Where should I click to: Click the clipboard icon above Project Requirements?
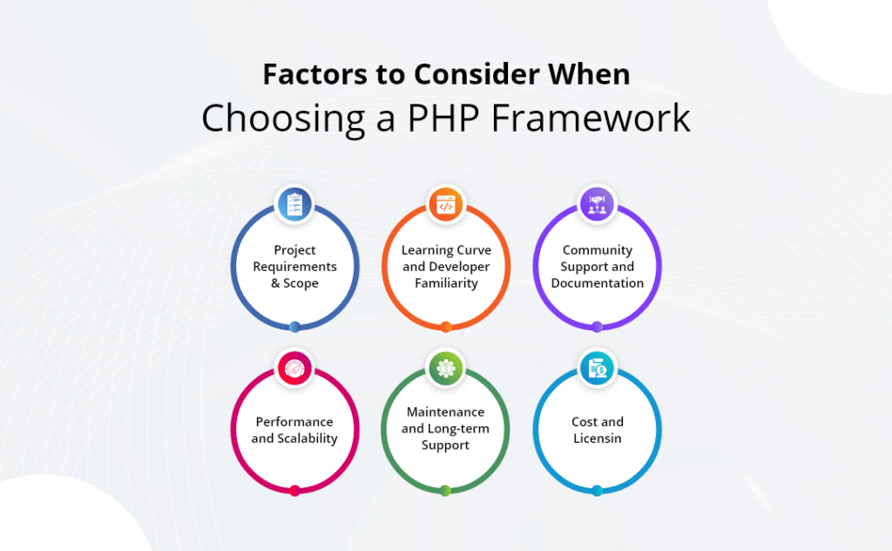click(x=294, y=204)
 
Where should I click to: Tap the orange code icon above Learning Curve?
click(x=446, y=204)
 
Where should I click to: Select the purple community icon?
click(x=598, y=204)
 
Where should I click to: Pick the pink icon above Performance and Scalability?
click(x=294, y=368)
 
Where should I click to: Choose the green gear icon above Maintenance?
click(x=446, y=368)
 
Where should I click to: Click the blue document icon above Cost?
click(x=598, y=368)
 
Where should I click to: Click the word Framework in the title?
click(x=591, y=118)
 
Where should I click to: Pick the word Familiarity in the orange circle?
click(x=446, y=283)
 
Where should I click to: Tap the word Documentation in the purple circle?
click(x=598, y=283)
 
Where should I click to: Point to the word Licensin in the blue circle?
click(x=598, y=439)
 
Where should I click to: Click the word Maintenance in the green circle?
click(x=446, y=412)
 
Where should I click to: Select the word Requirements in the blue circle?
click(x=294, y=267)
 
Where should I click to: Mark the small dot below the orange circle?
click(x=446, y=327)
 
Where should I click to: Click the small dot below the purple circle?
click(x=598, y=327)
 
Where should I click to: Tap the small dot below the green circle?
click(x=446, y=491)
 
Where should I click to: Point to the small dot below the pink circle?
click(x=294, y=491)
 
